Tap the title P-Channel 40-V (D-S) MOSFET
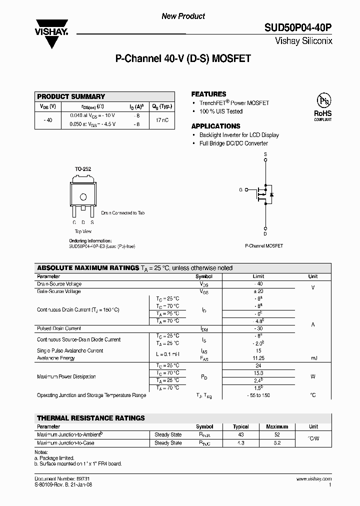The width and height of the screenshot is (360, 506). [183, 59]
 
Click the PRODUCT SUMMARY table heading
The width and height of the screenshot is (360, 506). [71, 96]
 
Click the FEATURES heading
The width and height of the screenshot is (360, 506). [208, 94]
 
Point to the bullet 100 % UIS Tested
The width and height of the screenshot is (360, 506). [220, 111]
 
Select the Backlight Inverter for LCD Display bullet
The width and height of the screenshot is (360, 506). [238, 135]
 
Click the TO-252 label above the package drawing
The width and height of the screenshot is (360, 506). [83, 169]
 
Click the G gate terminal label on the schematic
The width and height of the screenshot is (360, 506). [240, 190]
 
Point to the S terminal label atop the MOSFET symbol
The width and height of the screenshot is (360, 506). [265, 154]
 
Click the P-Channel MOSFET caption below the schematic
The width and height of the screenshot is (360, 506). [264, 246]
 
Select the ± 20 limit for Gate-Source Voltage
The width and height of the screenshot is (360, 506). [258, 291]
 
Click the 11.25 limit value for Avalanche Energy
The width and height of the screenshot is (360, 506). [258, 358]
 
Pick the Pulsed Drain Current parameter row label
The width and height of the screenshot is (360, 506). [59, 328]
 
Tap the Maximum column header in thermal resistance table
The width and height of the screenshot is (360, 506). [277, 426]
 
